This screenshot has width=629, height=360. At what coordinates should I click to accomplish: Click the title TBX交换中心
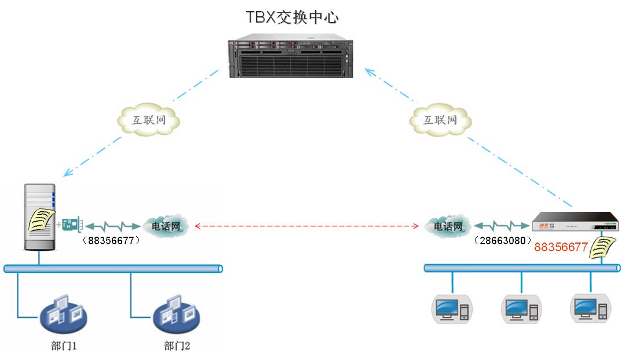(292, 17)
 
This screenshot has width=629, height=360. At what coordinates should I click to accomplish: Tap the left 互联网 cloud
(148, 119)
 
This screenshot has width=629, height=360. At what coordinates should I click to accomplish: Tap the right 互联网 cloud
(440, 119)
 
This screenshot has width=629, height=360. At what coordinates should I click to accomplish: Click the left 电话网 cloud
(166, 226)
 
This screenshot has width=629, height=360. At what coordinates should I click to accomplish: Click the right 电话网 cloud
(448, 226)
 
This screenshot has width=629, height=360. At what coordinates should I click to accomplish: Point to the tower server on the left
(39, 217)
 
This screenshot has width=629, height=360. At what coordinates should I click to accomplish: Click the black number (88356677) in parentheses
(111, 241)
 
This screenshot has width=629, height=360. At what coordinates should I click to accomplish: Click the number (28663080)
(503, 241)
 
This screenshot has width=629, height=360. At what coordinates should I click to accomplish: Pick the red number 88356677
(561, 247)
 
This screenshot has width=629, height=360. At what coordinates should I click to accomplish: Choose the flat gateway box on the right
(575, 222)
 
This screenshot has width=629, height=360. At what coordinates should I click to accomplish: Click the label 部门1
(64, 346)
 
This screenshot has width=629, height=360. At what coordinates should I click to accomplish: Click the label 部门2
(177, 346)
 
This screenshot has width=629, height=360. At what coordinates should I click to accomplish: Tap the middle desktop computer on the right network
(521, 309)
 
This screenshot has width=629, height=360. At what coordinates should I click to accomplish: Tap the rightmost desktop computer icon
(591, 309)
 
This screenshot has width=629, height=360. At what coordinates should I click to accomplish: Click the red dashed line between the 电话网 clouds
(306, 226)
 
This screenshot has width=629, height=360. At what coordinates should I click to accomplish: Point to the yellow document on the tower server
(41, 220)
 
